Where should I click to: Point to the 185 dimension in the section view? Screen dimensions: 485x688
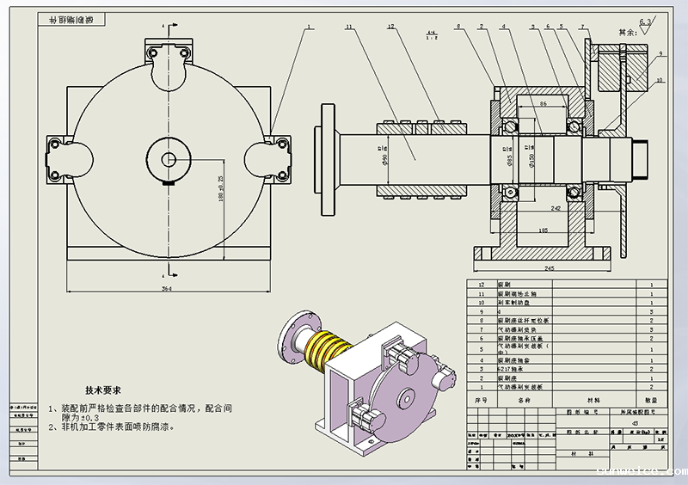[543, 231]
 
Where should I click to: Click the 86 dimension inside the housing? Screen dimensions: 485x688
[543, 103]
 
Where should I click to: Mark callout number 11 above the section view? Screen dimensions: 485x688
[349, 28]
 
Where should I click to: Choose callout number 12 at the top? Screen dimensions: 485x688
[390, 28]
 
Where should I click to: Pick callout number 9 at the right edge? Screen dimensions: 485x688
[661, 53]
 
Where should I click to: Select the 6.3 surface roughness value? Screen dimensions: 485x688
[646, 20]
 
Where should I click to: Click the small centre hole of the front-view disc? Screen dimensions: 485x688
[169, 158]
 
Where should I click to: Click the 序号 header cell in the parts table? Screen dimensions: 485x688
[482, 400]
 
